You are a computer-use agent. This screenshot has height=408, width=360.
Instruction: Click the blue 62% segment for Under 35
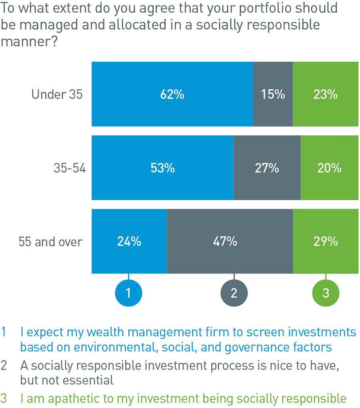pos(172,94)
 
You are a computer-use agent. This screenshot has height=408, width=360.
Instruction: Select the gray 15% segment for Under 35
pos(273,94)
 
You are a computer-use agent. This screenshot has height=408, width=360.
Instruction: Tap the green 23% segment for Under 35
pos(325,94)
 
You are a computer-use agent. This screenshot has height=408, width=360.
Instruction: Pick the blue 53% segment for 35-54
pos(162,168)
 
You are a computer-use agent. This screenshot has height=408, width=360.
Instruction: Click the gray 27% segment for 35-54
pos(267,168)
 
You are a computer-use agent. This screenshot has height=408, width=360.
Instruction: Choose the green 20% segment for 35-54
pos(329,168)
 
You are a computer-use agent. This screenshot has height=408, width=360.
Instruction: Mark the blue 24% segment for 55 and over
pos(129,241)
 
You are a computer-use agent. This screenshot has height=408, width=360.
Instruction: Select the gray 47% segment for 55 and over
pos(230,241)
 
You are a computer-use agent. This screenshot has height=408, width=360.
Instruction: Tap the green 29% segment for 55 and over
pos(326,241)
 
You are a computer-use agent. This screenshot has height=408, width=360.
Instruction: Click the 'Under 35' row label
pos(57,94)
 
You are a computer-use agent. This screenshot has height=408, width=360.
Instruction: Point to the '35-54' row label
pos(70,168)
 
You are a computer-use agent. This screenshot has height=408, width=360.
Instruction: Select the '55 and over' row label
pos(50,242)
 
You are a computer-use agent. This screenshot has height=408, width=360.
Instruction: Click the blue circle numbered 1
pos(128,293)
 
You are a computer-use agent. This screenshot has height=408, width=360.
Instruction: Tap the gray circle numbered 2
pos(234,293)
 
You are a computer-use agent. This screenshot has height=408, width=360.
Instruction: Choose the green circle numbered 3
pos(326,293)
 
